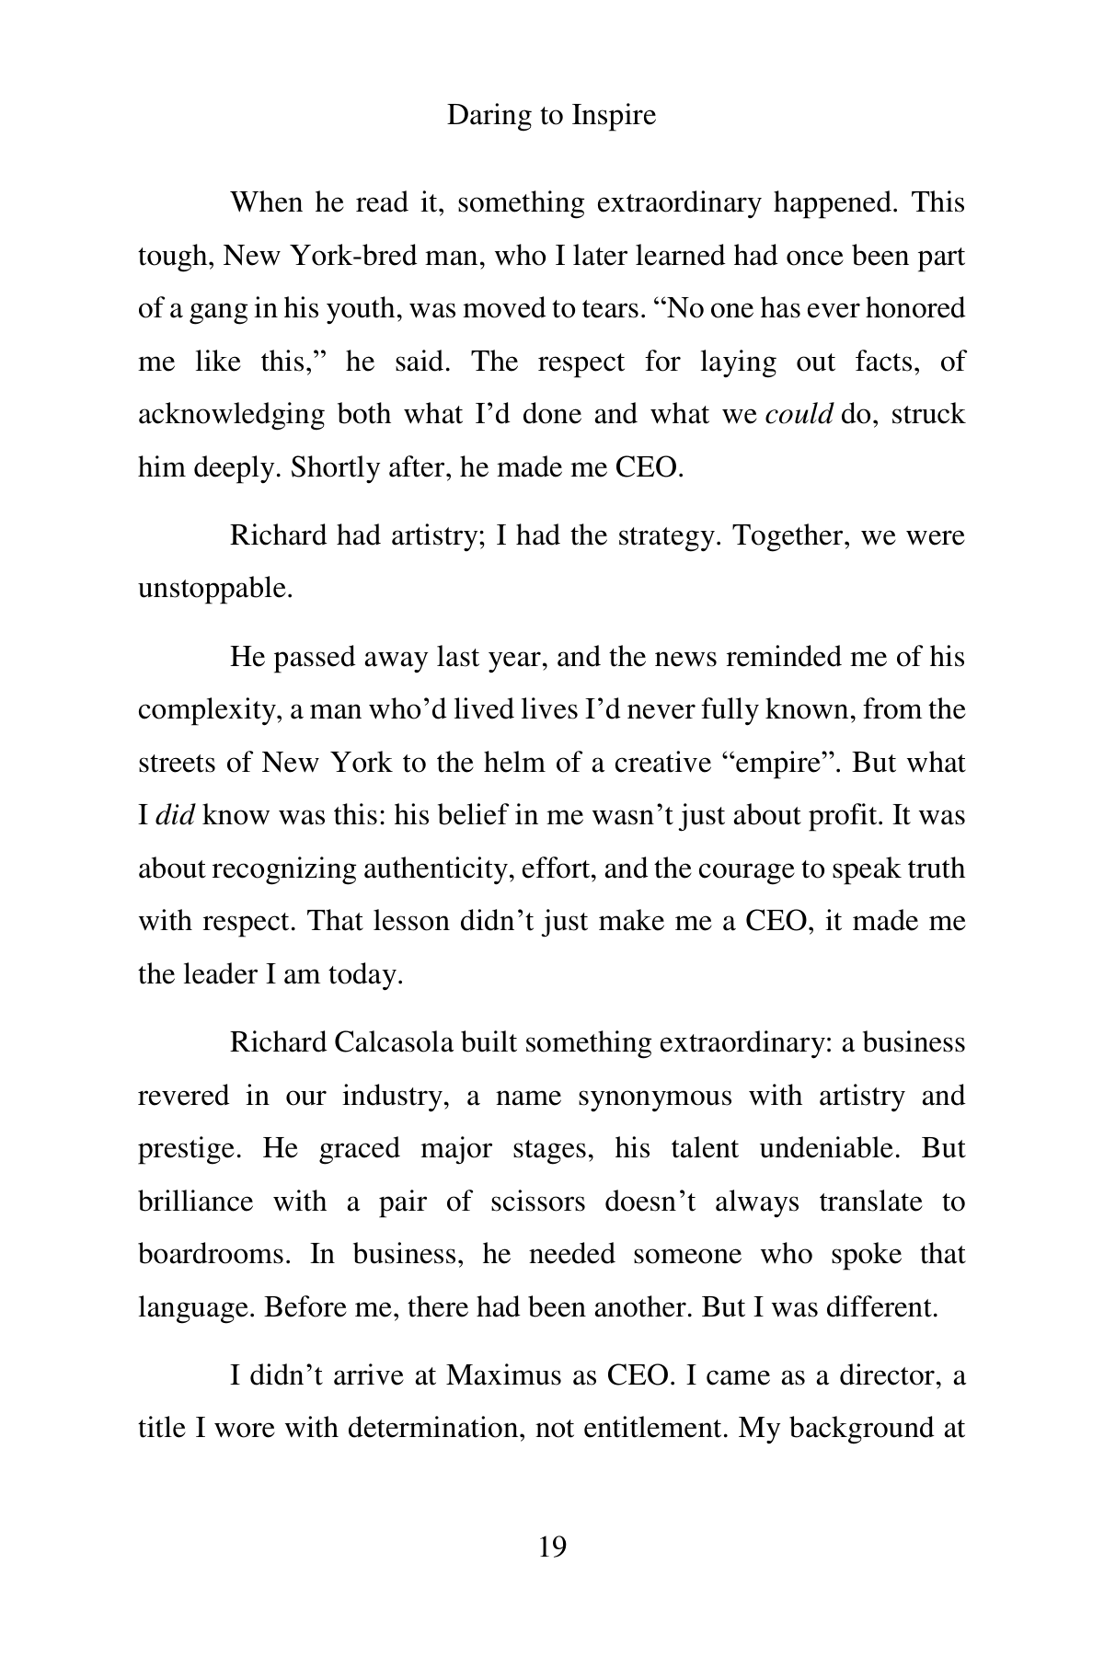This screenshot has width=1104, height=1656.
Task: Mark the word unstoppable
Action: point(214,588)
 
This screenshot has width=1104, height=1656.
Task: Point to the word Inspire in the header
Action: point(614,116)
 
